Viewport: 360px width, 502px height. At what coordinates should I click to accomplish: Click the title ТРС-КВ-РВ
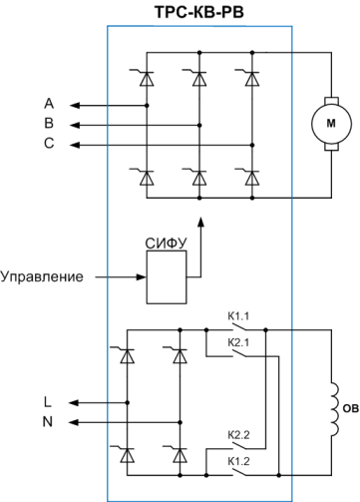click(x=199, y=12)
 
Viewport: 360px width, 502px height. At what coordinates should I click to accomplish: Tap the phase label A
click(x=49, y=104)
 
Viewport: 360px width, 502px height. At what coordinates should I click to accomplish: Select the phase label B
click(x=49, y=123)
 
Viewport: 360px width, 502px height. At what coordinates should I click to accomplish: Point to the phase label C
click(x=49, y=143)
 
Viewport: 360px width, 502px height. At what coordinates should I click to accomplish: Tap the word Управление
click(x=42, y=276)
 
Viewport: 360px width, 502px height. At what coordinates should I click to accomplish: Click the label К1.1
click(x=238, y=316)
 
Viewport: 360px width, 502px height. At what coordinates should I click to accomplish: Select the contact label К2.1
click(x=238, y=342)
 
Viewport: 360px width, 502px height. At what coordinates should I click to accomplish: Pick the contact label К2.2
click(x=238, y=435)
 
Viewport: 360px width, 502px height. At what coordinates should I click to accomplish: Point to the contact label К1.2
click(x=238, y=461)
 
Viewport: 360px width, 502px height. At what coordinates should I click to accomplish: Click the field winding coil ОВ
click(x=334, y=409)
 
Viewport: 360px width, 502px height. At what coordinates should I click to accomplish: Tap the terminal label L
click(x=48, y=402)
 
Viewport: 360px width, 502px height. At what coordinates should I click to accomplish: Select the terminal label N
click(x=48, y=422)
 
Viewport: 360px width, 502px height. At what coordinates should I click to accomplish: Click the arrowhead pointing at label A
click(x=75, y=106)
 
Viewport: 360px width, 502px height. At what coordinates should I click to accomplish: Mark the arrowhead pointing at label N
click(x=74, y=422)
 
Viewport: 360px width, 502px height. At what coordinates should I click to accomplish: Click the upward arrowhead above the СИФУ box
click(x=200, y=222)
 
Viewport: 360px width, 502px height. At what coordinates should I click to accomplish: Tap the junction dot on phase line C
click(x=252, y=145)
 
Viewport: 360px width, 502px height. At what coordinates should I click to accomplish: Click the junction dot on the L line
click(x=128, y=402)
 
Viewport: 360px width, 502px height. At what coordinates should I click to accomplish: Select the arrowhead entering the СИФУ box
click(x=142, y=276)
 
